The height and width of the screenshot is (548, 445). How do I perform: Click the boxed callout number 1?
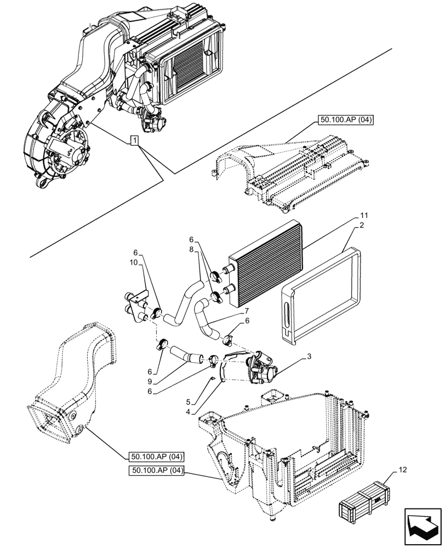(x=135, y=141)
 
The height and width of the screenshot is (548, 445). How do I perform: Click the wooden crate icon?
(x=364, y=501)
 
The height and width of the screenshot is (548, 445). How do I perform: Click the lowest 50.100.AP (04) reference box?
(x=158, y=470)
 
